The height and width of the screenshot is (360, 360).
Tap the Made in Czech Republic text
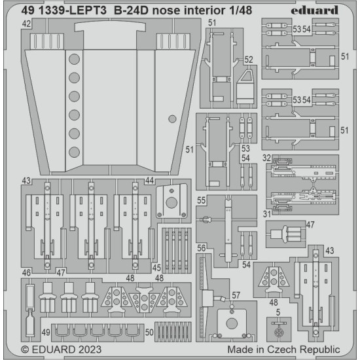point(283,350)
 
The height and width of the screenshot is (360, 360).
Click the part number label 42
point(26,24)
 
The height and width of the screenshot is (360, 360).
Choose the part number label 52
point(249,59)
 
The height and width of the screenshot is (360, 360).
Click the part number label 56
point(202,247)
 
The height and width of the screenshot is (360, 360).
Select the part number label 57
point(234,296)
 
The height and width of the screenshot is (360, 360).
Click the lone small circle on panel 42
point(172,118)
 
